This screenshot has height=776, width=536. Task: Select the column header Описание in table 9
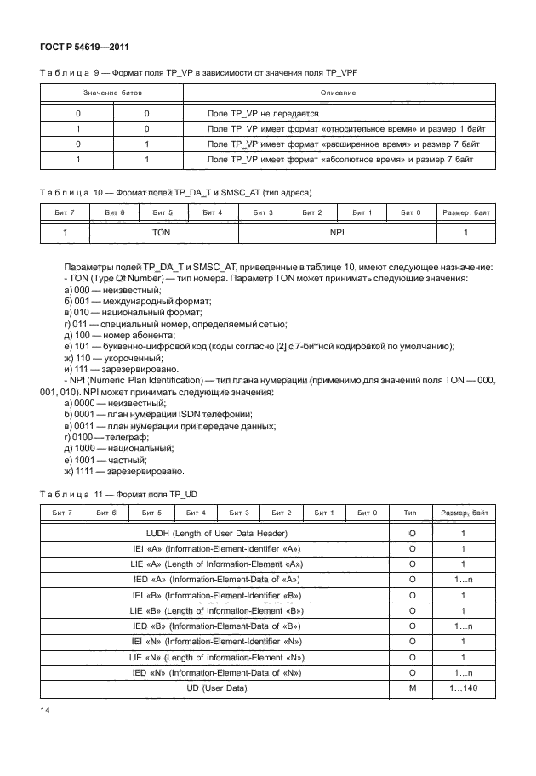pyautogui.click(x=338, y=92)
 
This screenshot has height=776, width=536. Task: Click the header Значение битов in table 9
pyautogui.click(x=112, y=92)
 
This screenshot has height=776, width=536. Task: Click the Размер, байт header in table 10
pyautogui.click(x=465, y=211)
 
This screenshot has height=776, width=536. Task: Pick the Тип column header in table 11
pyautogui.click(x=410, y=513)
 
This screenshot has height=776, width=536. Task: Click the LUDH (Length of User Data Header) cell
pyautogui.click(x=216, y=534)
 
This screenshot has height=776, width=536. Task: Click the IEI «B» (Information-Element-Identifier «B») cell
pyautogui.click(x=216, y=595)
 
